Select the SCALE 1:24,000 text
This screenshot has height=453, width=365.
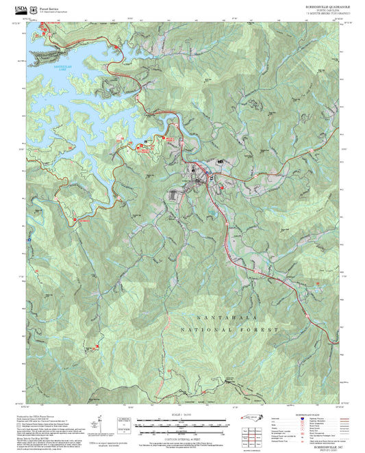point(184,415)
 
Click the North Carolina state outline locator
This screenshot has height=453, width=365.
point(252,418)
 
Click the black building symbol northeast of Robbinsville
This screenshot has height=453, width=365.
point(220,161)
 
